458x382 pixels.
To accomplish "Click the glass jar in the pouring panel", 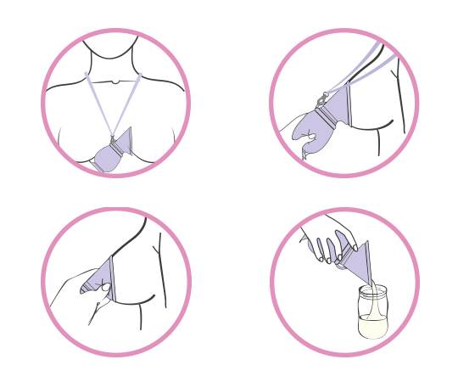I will (x=372, y=312).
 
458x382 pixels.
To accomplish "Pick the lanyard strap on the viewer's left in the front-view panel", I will (x=98, y=103).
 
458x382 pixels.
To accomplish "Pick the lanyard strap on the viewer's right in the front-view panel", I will (x=127, y=103).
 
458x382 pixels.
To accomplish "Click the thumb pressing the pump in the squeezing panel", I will (x=101, y=289).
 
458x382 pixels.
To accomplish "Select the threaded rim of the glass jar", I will (x=372, y=291).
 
